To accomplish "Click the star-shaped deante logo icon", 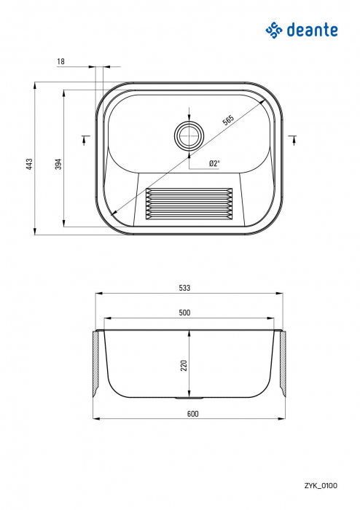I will click(273, 29).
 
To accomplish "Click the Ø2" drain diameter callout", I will click(214, 164).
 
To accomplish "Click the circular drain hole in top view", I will click(189, 136).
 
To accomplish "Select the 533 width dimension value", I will click(184, 289).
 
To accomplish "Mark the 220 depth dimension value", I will click(184, 364).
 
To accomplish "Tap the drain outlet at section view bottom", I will click(189, 399).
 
